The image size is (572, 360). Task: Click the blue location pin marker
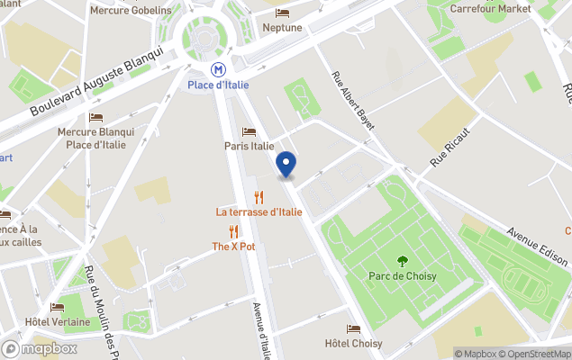pyautogui.click(x=286, y=165)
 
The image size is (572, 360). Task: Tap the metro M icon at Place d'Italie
pyautogui.click(x=218, y=68)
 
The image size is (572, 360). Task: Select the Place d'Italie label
pyautogui.click(x=218, y=85)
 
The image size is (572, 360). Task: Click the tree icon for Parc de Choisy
pyautogui.click(x=402, y=261)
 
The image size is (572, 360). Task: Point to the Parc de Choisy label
pyautogui.click(x=402, y=275)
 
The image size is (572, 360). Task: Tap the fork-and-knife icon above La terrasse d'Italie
pyautogui.click(x=259, y=197)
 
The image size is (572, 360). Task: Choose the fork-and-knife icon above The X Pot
pyautogui.click(x=234, y=231)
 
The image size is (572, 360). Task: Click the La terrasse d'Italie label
pyautogui.click(x=259, y=212)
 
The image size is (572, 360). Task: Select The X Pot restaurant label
pyautogui.click(x=234, y=247)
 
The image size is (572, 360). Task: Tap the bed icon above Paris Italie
pyautogui.click(x=250, y=132)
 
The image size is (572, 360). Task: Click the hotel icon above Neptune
pyautogui.click(x=282, y=13)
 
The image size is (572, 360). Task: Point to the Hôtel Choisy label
pyautogui.click(x=353, y=344)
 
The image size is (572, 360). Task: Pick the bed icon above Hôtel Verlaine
pyautogui.click(x=58, y=307)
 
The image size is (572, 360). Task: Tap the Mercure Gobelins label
pyautogui.click(x=131, y=10)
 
